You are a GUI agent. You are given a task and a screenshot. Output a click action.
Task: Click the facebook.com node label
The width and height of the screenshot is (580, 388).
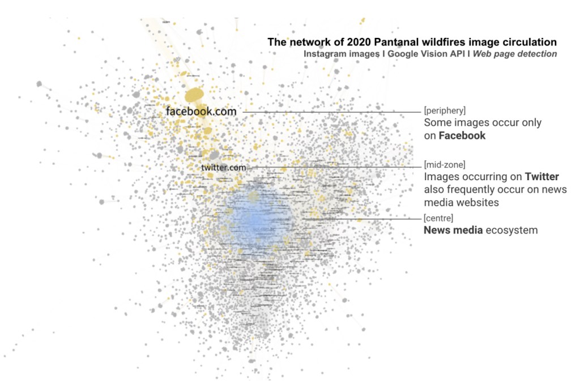coord(201,112)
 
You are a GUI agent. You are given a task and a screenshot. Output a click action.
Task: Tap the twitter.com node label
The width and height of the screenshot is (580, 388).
coord(224,168)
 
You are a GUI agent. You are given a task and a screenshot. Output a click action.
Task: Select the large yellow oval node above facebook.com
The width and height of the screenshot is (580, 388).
coord(194,95)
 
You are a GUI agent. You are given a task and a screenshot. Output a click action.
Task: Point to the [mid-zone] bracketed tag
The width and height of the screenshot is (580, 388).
coord(445,165)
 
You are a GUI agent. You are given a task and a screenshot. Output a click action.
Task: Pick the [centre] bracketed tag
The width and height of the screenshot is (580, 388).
coord(438,218)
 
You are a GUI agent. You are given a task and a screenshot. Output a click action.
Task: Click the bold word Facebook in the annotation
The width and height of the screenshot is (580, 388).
coord(463,135)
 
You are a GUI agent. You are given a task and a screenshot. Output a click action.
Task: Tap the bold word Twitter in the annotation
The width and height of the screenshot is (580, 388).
coord(542,177)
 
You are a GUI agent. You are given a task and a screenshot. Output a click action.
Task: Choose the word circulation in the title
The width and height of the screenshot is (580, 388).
coord(527,42)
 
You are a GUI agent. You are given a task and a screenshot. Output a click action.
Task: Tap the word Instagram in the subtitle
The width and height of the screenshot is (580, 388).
coord(325,54)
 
